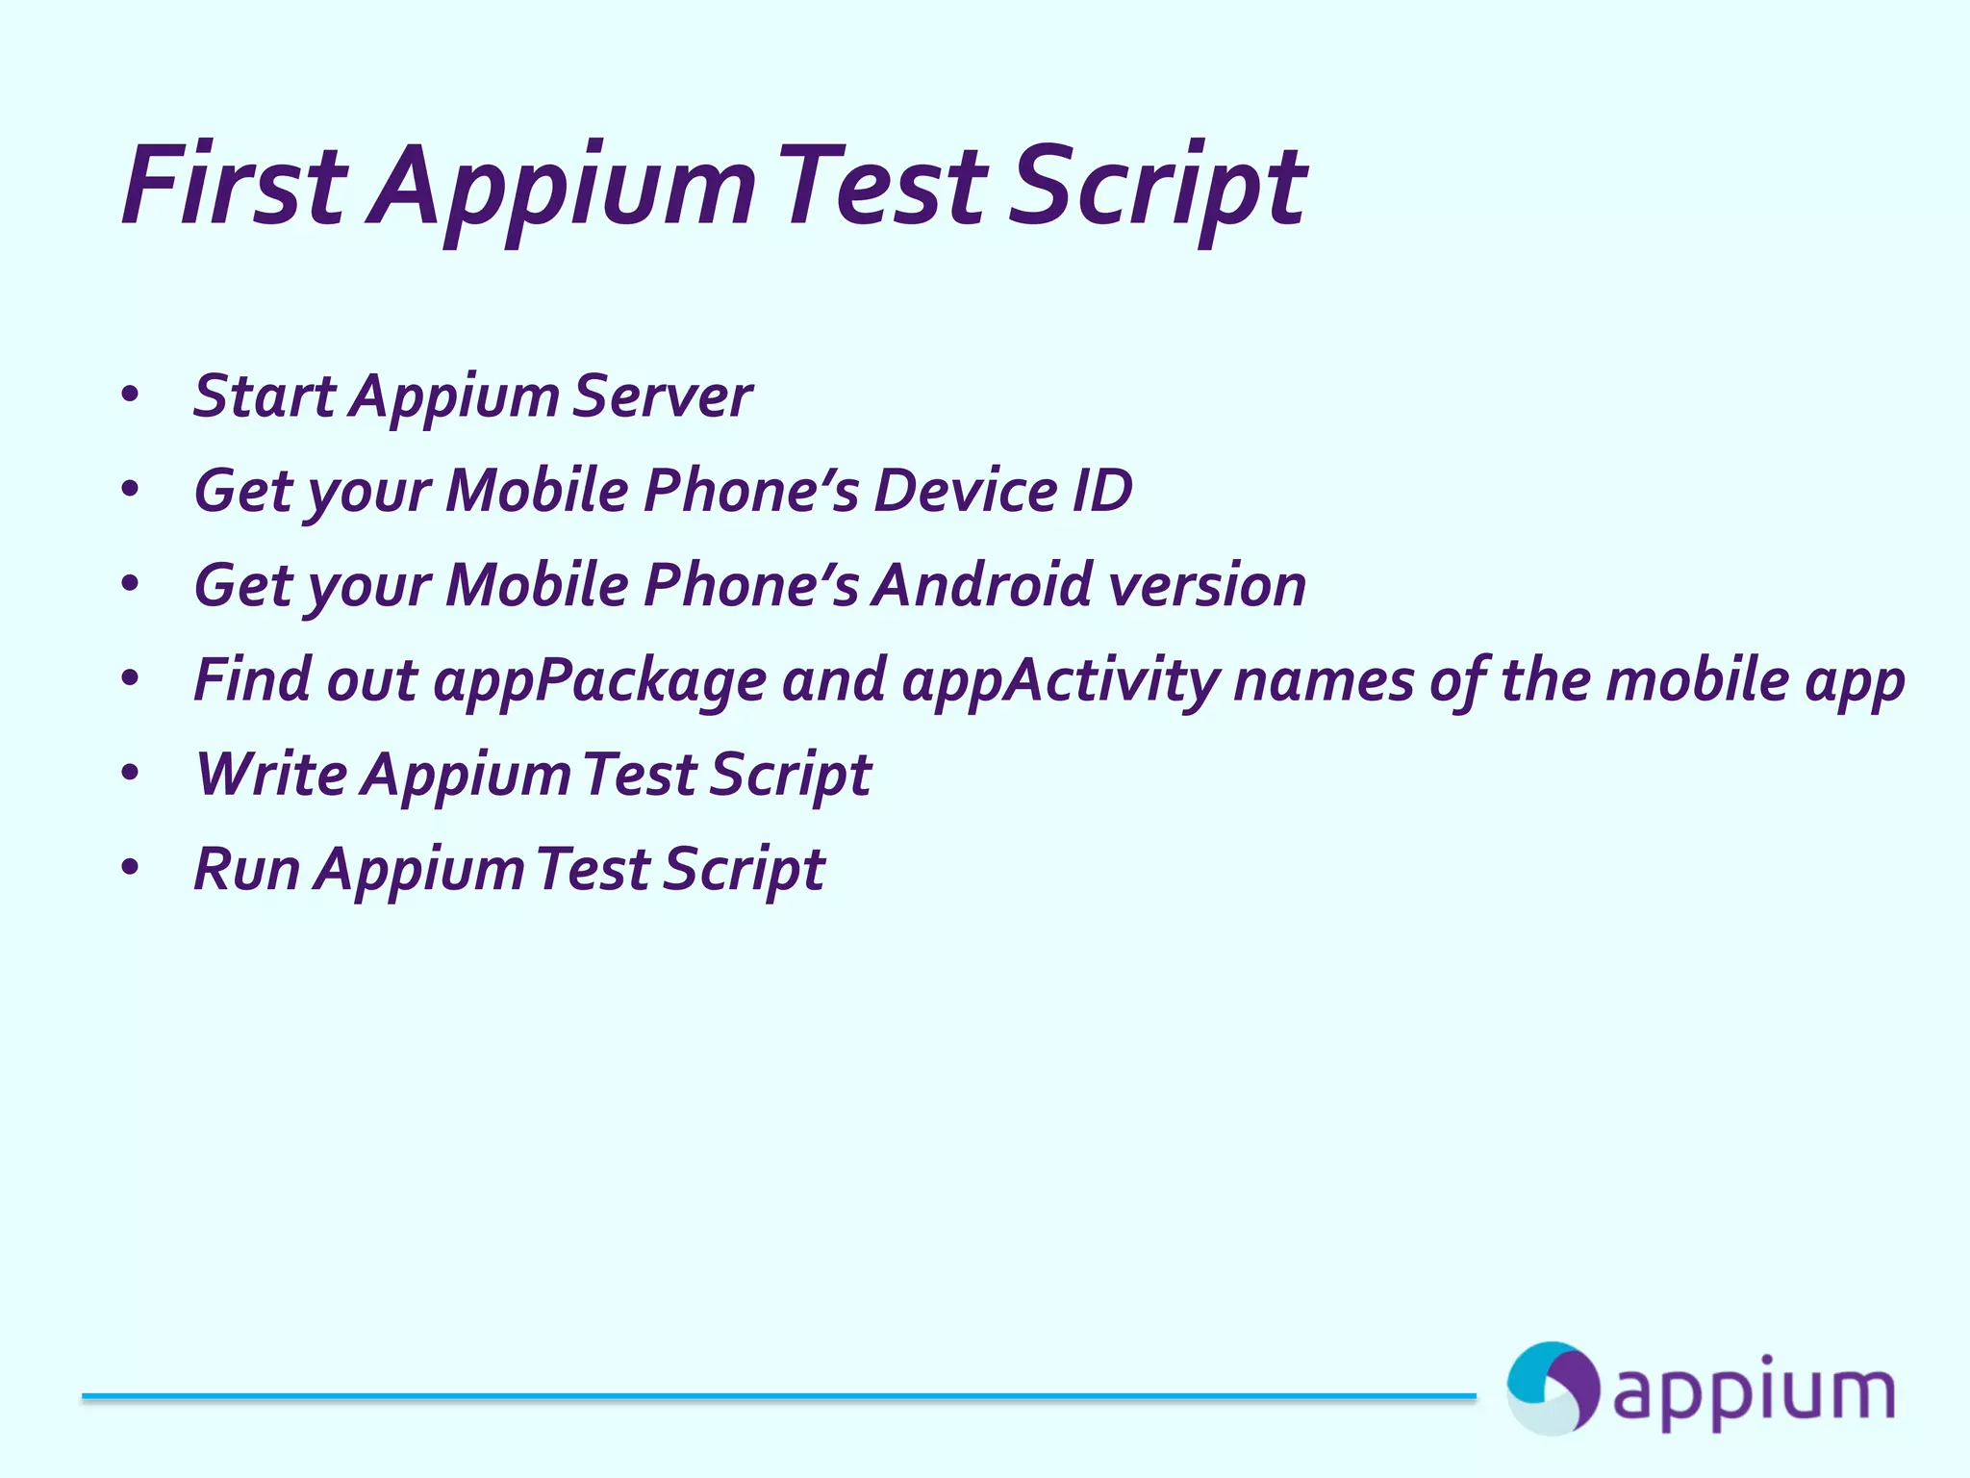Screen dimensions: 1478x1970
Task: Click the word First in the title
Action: [233, 185]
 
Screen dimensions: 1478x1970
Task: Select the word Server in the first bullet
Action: [662, 396]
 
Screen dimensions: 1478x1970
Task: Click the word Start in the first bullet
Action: [265, 396]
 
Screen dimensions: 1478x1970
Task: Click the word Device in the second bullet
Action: [965, 491]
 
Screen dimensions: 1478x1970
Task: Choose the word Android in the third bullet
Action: [981, 585]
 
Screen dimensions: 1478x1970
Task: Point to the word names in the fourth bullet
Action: [1324, 679]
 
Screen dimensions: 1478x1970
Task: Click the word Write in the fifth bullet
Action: [271, 774]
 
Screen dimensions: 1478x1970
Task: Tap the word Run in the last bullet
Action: [246, 869]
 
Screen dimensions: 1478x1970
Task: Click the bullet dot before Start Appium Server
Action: [131, 395]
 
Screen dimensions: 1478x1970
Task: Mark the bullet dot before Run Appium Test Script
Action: [131, 868]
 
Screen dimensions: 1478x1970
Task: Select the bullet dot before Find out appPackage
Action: [131, 679]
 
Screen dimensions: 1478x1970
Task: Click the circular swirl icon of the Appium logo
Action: [1552, 1389]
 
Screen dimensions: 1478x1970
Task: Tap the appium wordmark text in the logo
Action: [1753, 1392]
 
